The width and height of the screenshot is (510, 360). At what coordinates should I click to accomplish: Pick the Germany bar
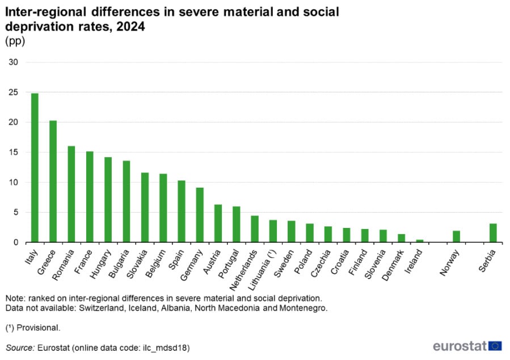pyautogui.click(x=200, y=215)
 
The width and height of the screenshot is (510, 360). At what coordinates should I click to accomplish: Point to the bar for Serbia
pyautogui.click(x=493, y=233)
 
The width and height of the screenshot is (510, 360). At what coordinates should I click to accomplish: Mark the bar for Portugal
pyautogui.click(x=236, y=225)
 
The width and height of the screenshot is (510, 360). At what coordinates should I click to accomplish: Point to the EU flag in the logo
pyautogui.click(x=495, y=346)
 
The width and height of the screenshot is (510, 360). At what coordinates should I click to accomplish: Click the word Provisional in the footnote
pyautogui.click(x=39, y=328)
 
